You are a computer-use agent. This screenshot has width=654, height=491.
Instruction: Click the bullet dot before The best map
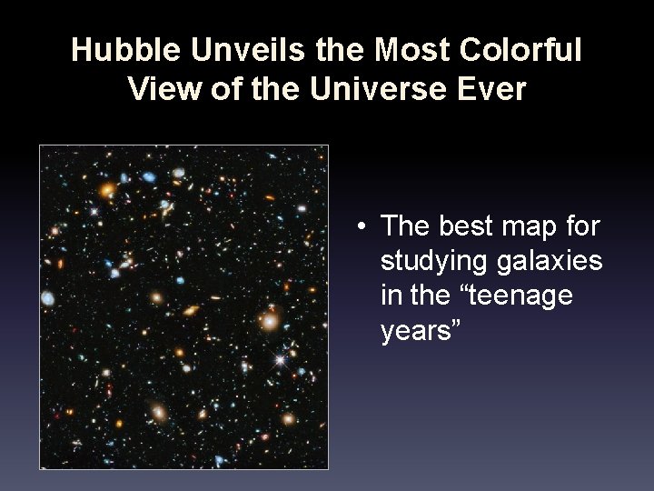pyautogui.click(x=362, y=225)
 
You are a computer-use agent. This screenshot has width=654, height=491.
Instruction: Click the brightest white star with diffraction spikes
pyautogui.click(x=281, y=360)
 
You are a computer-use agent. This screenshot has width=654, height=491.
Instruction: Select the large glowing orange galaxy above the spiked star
pyautogui.click(x=270, y=320)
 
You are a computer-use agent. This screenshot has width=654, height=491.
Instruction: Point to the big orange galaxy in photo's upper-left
pyautogui.click(x=107, y=190)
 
